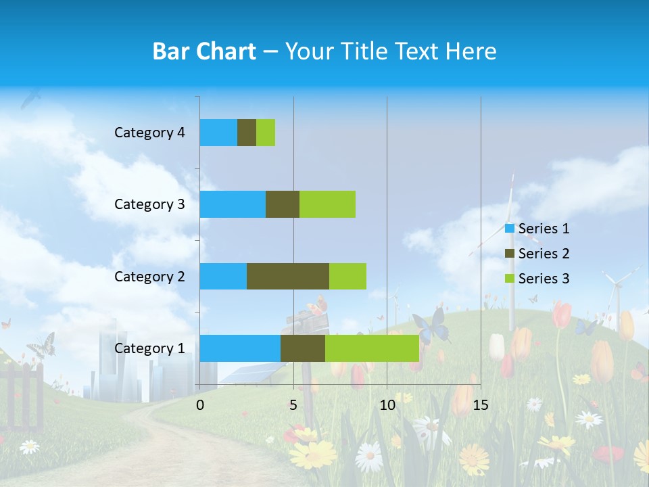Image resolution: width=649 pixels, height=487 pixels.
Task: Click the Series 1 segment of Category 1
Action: [240, 348]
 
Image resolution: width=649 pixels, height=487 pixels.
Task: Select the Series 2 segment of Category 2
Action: [288, 276]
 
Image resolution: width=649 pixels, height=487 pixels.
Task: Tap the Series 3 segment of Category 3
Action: [327, 204]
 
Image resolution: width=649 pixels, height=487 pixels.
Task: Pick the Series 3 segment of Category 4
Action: [266, 133]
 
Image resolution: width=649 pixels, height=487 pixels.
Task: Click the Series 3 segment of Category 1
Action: [372, 348]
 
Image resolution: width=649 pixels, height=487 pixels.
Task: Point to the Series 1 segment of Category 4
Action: [218, 133]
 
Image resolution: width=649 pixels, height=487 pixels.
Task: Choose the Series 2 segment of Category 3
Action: [283, 204]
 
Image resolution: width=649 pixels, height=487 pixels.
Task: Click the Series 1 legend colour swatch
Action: [510, 229]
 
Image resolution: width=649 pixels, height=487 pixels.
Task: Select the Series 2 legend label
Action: [544, 254]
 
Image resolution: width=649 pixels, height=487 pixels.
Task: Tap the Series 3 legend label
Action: [544, 278]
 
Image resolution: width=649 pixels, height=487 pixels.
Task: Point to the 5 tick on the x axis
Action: [293, 405]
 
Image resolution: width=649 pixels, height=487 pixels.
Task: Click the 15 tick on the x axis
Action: [480, 405]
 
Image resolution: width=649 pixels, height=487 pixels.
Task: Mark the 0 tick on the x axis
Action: [200, 405]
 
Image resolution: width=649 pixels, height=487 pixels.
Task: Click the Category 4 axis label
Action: [149, 133]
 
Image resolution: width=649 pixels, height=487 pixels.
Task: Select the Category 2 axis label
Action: [149, 276]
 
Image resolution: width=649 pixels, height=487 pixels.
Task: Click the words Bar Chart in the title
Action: [204, 51]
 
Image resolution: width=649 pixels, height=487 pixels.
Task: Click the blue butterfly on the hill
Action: [431, 326]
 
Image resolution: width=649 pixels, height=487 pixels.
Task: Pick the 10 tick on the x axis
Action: [387, 405]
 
